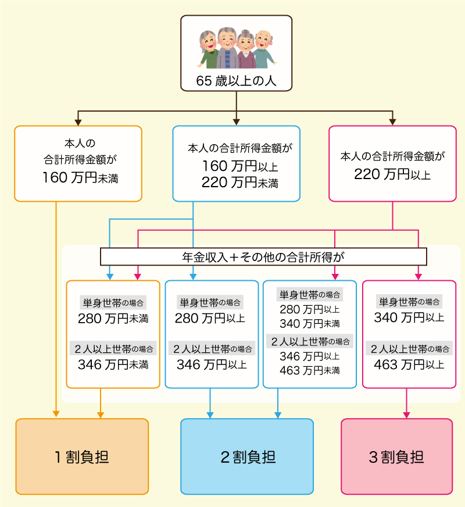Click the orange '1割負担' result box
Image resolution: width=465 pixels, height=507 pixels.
82,456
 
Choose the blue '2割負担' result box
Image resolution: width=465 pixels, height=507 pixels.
247,456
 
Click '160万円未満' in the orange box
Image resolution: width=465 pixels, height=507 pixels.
80,178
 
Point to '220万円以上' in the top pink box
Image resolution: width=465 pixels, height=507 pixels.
392,173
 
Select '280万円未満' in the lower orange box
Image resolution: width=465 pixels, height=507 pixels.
113,319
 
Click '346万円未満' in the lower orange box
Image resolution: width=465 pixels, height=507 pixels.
113,365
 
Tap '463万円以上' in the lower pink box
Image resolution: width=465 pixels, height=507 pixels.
409,365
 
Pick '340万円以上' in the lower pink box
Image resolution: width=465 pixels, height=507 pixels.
409,317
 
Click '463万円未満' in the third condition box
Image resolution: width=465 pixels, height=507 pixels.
309,370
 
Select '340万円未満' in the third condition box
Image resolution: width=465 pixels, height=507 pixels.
309,323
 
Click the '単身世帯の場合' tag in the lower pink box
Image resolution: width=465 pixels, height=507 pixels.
409,302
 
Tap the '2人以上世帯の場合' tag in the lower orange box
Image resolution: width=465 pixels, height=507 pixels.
113,349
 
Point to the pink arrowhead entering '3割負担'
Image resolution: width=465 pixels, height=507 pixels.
406,415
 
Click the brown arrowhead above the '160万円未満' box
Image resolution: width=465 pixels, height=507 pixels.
78,122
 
